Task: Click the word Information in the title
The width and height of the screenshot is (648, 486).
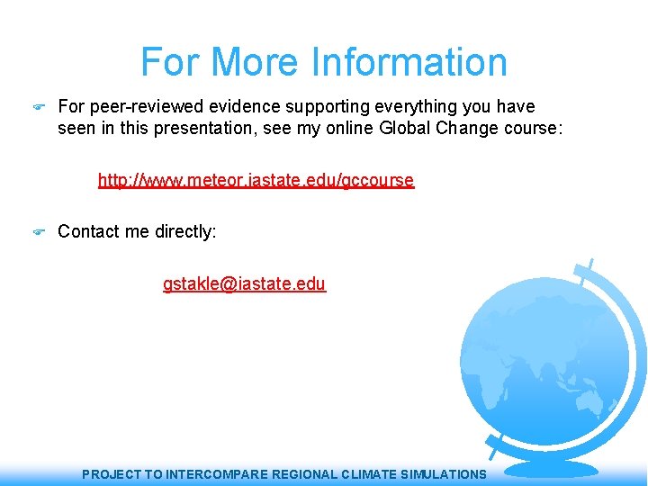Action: (x=409, y=62)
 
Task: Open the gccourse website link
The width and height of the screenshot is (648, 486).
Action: (x=256, y=180)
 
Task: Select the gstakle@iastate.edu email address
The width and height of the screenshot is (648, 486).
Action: (x=244, y=284)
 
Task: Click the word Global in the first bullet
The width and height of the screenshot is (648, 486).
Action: (x=406, y=129)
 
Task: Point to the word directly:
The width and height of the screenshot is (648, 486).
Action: (x=185, y=232)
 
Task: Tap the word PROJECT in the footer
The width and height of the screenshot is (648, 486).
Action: (x=111, y=474)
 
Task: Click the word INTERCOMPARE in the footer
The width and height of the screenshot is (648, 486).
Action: (x=213, y=474)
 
